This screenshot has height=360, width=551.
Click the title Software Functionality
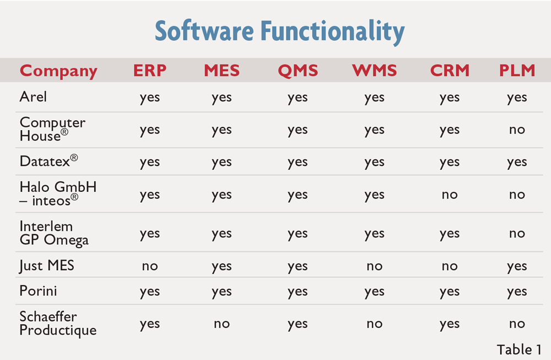[280, 31]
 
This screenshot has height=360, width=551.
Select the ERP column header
[150, 71]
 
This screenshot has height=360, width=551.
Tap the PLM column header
[517, 71]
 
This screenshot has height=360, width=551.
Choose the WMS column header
[374, 71]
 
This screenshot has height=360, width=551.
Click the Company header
[58, 71]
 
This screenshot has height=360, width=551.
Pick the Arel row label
[33, 96]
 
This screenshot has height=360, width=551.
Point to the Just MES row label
[47, 266]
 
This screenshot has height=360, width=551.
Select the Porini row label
[38, 291]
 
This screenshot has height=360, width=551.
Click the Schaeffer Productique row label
[58, 324]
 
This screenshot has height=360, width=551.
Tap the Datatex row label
[48, 161]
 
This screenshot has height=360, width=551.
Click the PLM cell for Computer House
[517, 130]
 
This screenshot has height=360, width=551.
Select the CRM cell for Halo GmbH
[450, 195]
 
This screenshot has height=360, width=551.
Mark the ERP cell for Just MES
[150, 266]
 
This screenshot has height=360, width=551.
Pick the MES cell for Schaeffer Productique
[222, 324]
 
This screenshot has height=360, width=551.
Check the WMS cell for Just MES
[374, 266]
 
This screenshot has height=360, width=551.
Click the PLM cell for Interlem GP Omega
[517, 233]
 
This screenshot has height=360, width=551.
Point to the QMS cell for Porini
[298, 292]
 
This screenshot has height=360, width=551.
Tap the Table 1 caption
[519, 350]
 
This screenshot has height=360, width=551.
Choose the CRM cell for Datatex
[450, 163]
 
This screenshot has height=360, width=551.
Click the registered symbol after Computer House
[64, 132]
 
